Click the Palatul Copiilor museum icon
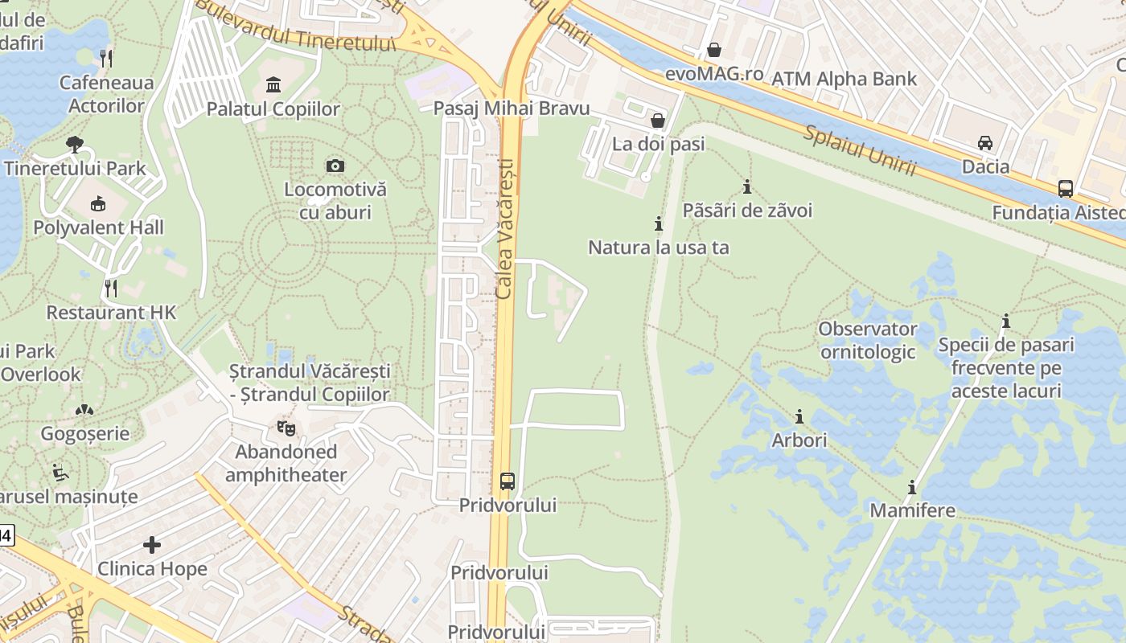click(273, 84)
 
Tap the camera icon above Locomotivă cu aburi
click(335, 166)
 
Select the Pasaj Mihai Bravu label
click(512, 109)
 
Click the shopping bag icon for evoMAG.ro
click(713, 50)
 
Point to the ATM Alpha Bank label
click(844, 79)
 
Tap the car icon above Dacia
click(985, 143)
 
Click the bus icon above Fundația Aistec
click(1066, 189)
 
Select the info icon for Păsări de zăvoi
click(747, 186)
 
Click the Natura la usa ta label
click(659, 247)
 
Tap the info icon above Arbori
click(799, 416)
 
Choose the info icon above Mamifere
click(912, 487)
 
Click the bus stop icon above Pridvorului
click(508, 481)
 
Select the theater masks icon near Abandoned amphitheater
click(286, 428)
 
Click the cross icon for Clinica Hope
click(152, 545)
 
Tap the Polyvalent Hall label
click(98, 227)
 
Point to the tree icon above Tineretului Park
click(75, 145)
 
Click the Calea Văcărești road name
click(504, 229)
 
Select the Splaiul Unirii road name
click(858, 150)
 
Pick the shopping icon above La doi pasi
click(658, 121)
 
